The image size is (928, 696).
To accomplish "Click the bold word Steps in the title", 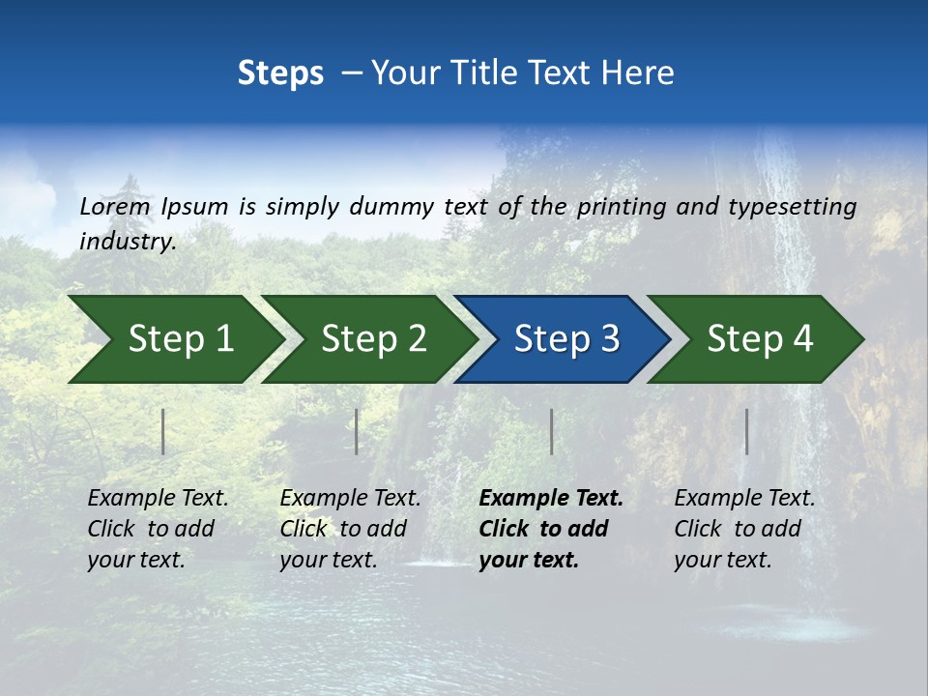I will (280, 73).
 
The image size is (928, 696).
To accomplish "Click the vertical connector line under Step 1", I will (163, 431).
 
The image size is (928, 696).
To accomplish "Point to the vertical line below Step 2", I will (357, 431).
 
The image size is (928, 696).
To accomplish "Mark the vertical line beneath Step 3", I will (551, 431).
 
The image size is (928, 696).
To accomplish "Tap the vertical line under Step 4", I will (746, 431).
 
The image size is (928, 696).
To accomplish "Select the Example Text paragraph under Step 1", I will (157, 529).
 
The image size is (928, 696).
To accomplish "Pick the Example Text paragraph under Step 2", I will (349, 529).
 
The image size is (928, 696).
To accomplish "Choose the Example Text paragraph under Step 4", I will (743, 529).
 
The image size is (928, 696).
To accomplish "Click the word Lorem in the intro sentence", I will (115, 207).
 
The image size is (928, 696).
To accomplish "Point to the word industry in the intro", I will (127, 242).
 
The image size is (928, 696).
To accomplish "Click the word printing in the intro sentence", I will (622, 207).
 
